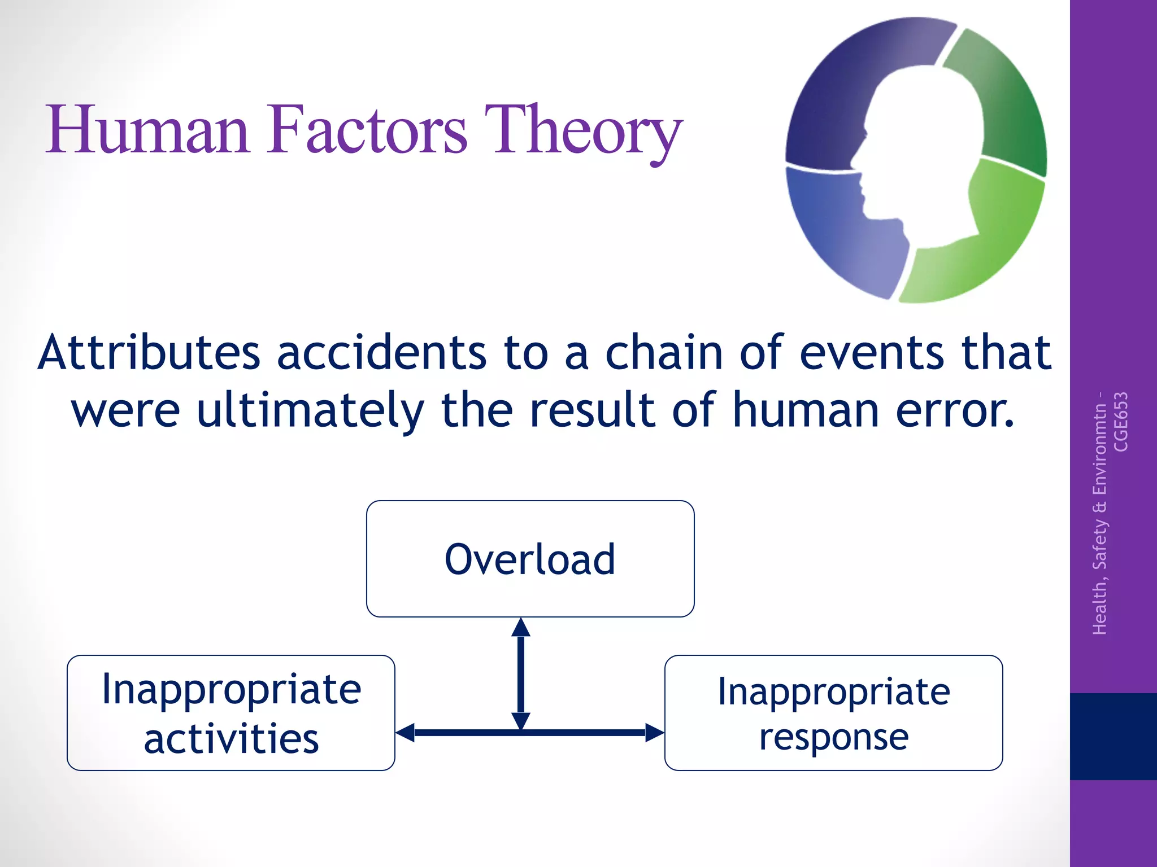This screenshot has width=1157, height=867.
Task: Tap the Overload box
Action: (x=530, y=559)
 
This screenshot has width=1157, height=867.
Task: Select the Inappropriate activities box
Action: (x=230, y=712)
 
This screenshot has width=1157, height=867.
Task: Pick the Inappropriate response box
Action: (x=833, y=712)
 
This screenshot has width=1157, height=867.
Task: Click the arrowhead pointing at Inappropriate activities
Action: (x=404, y=733)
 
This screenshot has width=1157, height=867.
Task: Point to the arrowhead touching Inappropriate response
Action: (x=655, y=733)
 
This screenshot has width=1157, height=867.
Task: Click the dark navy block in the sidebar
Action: (x=1113, y=736)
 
